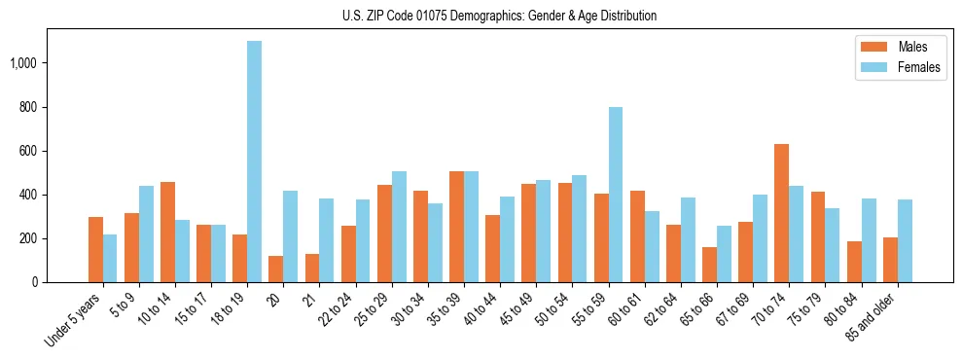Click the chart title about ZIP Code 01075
(499, 16)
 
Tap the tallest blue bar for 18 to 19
(254, 162)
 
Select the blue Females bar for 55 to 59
(616, 195)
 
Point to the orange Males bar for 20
(276, 269)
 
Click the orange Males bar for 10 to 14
(167, 232)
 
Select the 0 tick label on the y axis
(35, 282)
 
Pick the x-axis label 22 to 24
(338, 310)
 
